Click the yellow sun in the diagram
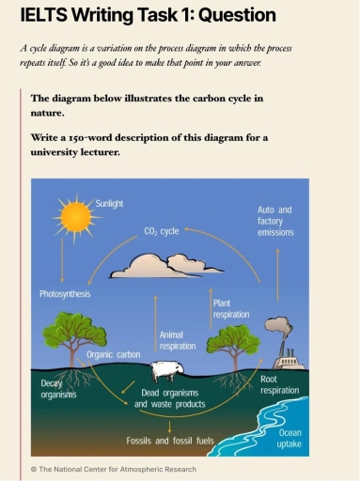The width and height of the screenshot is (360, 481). pyautogui.click(x=73, y=217)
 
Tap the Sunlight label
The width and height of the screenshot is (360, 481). pyautogui.click(x=110, y=202)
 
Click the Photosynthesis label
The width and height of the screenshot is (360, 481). pyautogui.click(x=65, y=294)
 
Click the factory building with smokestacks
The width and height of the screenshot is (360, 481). pyautogui.click(x=289, y=361)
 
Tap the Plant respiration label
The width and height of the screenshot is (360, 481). pyautogui.click(x=231, y=309)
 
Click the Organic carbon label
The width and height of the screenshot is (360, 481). pyautogui.click(x=114, y=355)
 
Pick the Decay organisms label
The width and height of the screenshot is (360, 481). pyautogui.click(x=58, y=389)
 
